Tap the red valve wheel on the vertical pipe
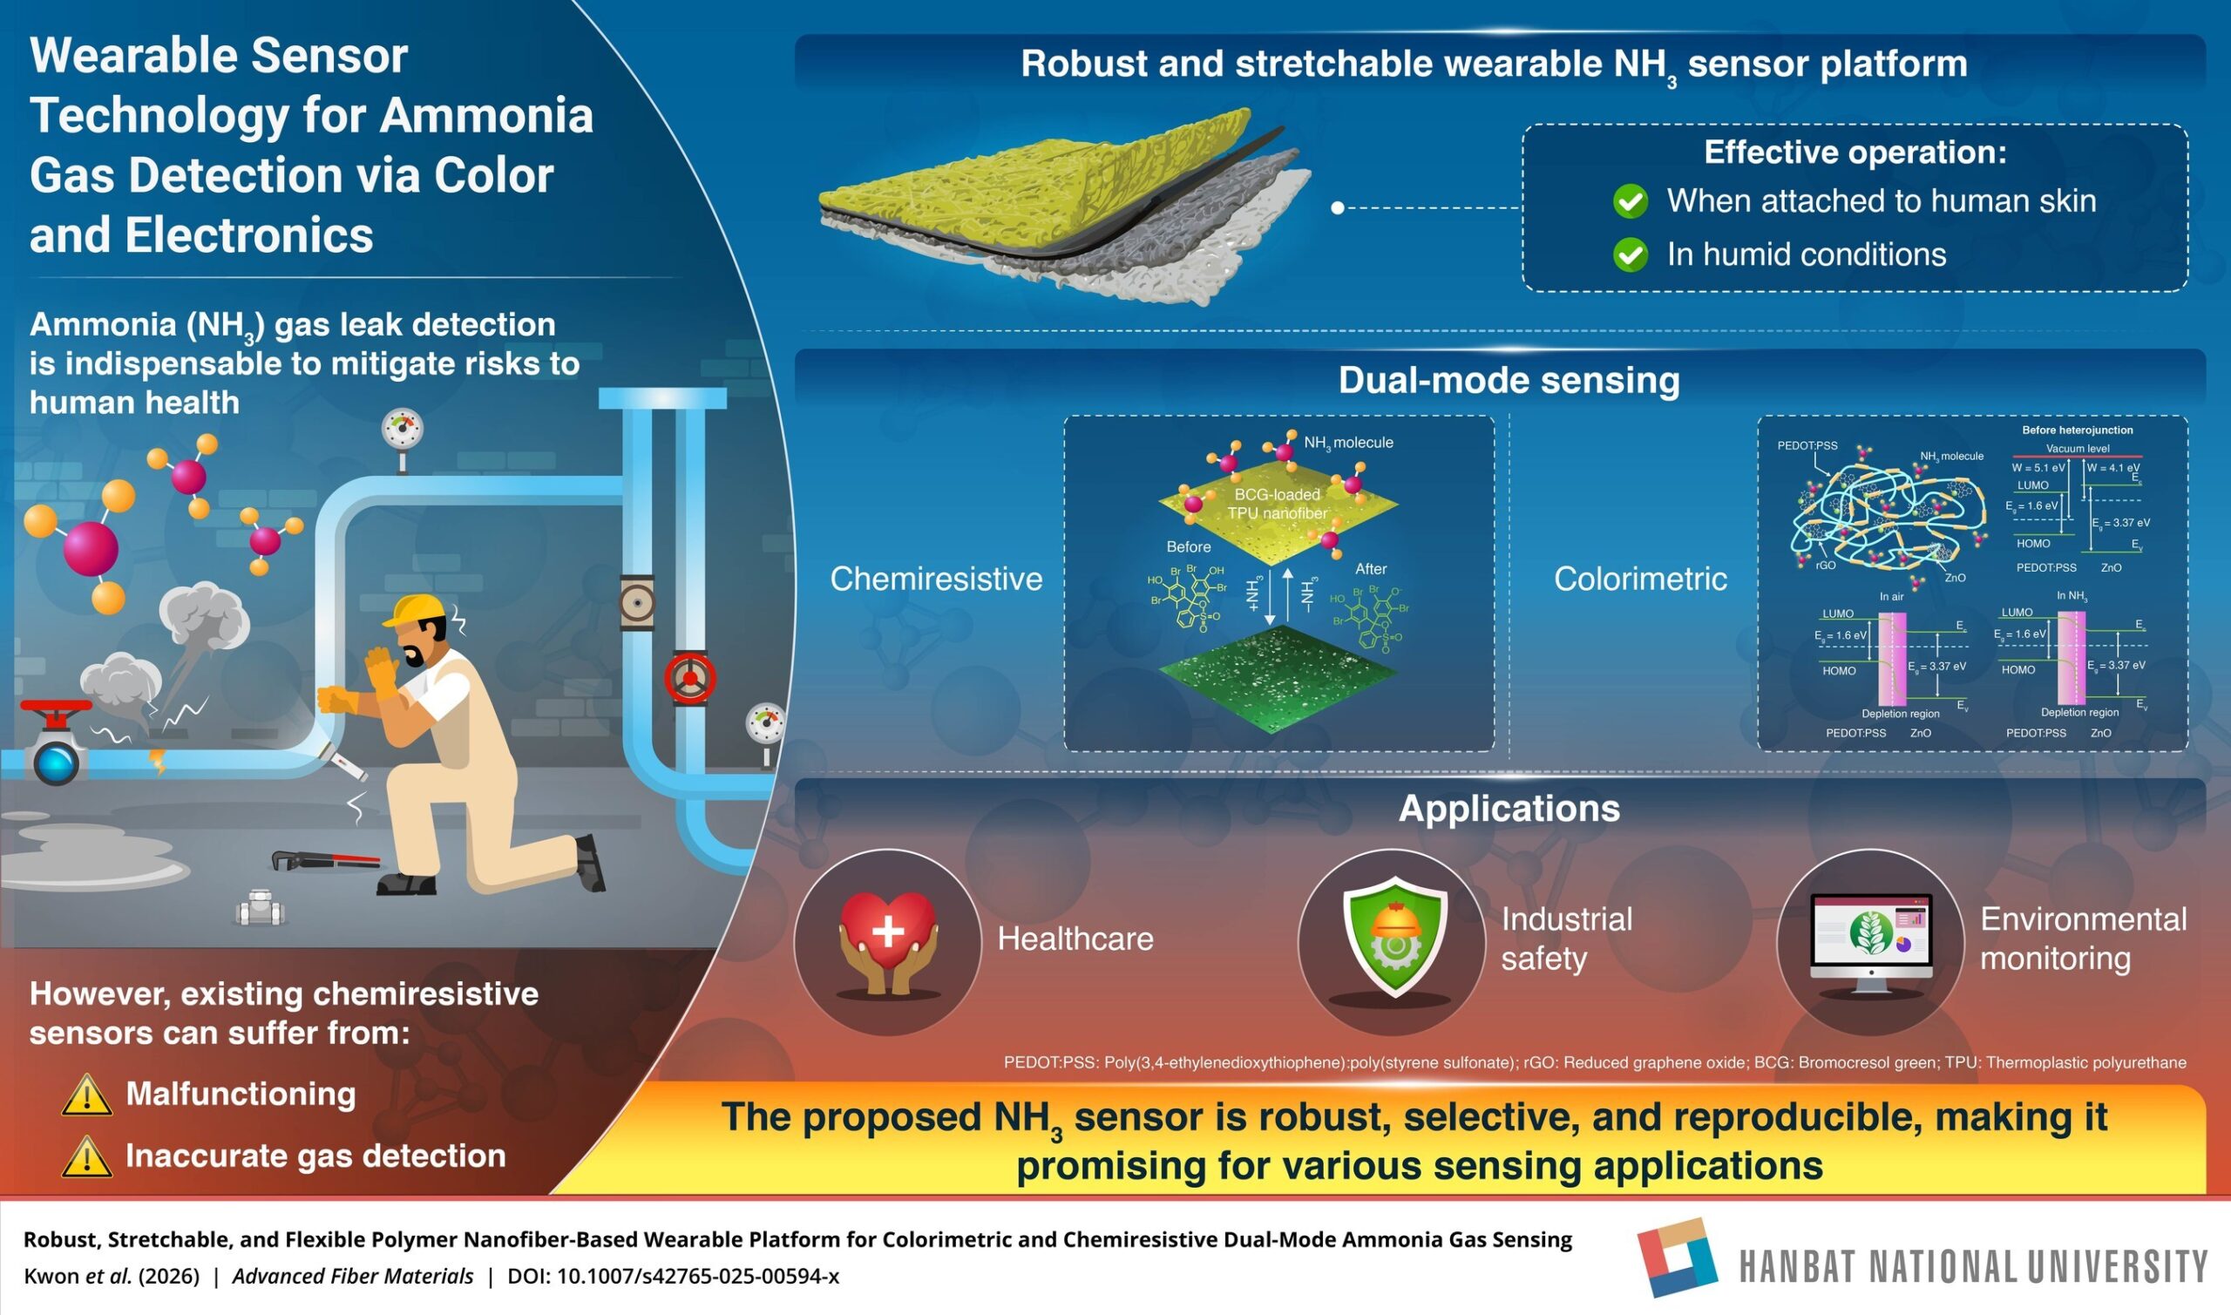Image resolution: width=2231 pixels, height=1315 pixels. [690, 678]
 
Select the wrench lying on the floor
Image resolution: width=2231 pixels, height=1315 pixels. [323, 859]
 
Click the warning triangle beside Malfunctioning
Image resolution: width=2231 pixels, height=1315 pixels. [87, 1095]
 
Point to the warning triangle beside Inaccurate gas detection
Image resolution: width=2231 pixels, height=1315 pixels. [87, 1157]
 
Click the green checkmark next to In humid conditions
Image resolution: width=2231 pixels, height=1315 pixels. [1630, 255]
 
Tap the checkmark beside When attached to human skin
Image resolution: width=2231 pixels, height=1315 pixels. [1630, 201]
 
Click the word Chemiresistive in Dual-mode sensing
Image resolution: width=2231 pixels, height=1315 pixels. [936, 579]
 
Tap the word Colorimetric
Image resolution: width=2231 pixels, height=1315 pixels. [1640, 579]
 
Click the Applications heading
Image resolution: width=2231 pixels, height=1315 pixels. [1509, 808]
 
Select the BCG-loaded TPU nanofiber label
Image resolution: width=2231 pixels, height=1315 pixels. [1277, 504]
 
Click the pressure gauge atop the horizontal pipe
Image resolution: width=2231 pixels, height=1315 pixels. [403, 430]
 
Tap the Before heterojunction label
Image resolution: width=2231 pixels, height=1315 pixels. [2077, 430]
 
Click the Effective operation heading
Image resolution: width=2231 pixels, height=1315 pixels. [1855, 153]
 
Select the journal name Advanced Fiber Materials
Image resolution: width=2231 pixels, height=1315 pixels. [353, 1276]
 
